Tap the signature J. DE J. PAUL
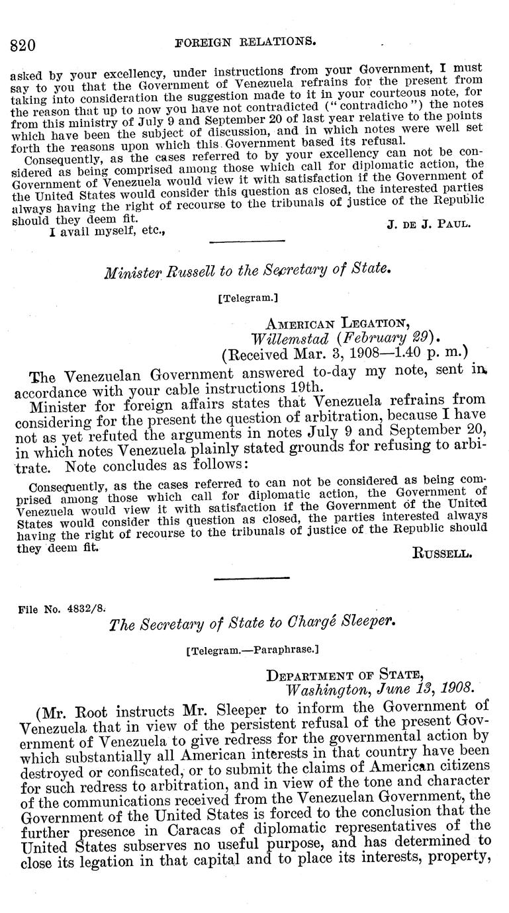point(428,224)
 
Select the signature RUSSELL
point(442,554)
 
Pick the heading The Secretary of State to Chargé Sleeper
point(253,622)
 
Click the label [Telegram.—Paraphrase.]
point(253,650)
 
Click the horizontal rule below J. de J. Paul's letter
point(247,241)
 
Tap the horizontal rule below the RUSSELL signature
point(243,578)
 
